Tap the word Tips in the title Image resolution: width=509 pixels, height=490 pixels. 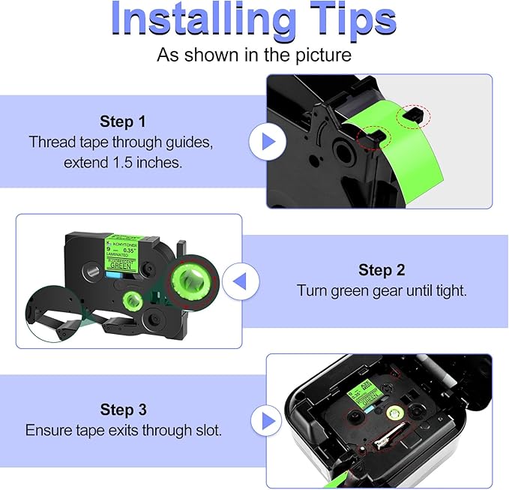(347, 20)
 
